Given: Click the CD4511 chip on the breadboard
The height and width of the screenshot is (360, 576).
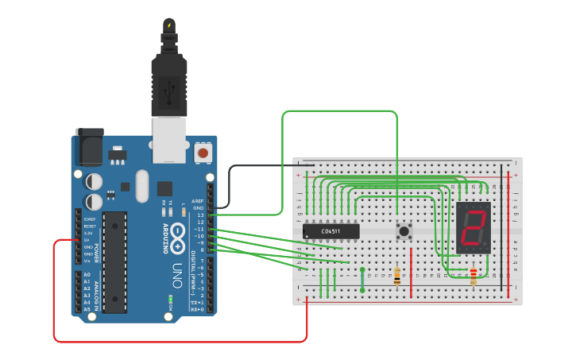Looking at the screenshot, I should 331,231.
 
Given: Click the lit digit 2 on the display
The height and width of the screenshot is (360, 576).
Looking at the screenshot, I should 474,229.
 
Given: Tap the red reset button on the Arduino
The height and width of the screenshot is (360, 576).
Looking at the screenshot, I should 203,152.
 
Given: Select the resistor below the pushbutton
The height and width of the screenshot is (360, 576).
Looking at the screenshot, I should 397,276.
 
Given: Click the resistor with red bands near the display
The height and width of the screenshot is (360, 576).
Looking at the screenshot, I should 474,276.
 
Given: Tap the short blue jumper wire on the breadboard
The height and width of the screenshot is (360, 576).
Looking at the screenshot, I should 362,280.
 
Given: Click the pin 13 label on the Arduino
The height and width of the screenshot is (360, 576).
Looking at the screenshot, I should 201,215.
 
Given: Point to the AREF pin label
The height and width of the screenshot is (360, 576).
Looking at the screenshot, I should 198,201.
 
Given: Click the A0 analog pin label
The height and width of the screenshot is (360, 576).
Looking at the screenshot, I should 87,274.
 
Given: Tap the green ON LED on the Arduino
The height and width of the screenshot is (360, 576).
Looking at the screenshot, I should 170,301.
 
